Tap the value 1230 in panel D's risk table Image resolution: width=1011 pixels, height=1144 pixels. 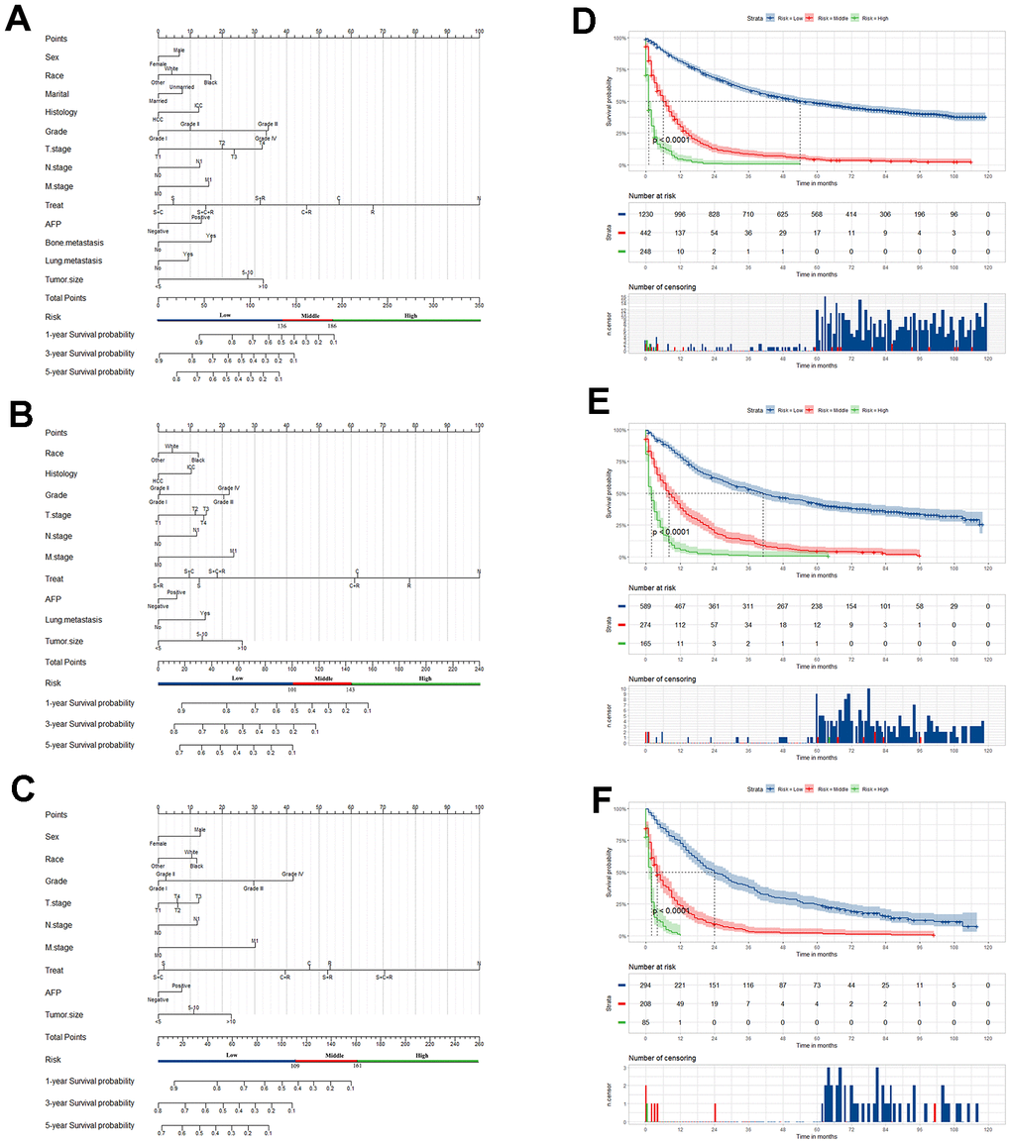point(645,213)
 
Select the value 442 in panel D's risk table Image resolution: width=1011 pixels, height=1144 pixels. point(645,232)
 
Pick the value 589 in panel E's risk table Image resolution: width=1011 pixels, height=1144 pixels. point(645,603)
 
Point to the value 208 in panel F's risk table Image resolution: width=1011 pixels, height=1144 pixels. point(645,1009)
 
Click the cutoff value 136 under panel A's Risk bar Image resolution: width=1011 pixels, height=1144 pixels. point(281,326)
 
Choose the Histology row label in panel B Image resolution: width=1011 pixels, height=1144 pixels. point(60,473)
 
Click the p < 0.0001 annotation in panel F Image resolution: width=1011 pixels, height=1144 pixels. point(671,910)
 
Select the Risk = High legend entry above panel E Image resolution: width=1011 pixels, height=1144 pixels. point(880,410)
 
